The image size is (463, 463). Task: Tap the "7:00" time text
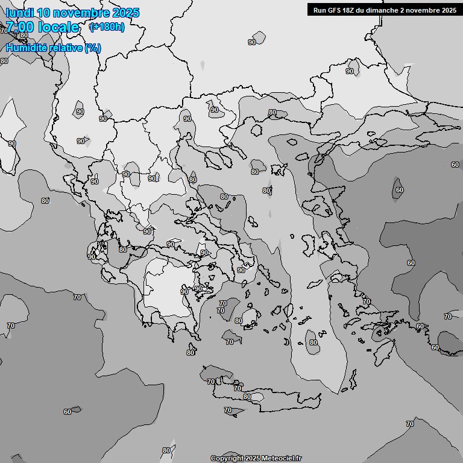tap(19, 27)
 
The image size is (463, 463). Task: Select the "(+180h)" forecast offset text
tap(107, 27)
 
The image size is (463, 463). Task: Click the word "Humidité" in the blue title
tap(27, 48)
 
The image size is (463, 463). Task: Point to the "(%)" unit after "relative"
tap(92, 48)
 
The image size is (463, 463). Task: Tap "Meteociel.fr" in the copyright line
tap(280, 458)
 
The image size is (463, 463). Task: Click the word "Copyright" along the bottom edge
tap(228, 458)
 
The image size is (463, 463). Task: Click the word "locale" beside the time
tap(58, 27)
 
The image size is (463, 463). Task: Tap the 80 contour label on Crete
tap(247, 397)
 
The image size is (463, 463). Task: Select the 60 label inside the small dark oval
tap(399, 189)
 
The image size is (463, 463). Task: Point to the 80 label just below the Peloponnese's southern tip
tap(191, 353)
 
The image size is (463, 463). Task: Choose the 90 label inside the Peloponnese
tap(184, 292)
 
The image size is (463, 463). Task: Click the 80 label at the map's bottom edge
tap(166, 450)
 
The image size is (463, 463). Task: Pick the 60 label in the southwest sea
tap(68, 412)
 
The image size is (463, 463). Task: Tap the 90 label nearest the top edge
tap(252, 42)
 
